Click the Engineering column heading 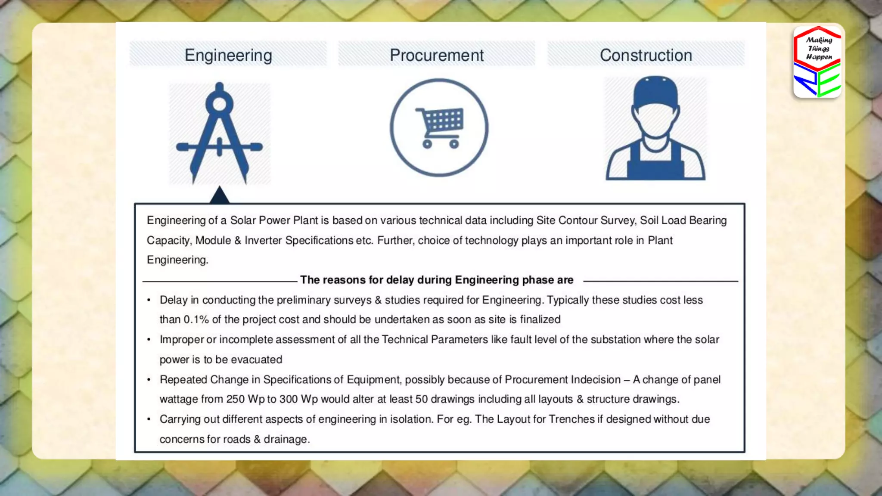point(228,55)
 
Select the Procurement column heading point(437,55)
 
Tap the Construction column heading point(646,55)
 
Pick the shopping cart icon point(439,127)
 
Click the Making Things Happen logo point(817,62)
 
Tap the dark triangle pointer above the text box point(220,195)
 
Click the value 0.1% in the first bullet point(196,319)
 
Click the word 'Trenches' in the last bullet point(571,419)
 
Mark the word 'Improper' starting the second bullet point(182,340)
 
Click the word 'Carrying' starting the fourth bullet point(180,419)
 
